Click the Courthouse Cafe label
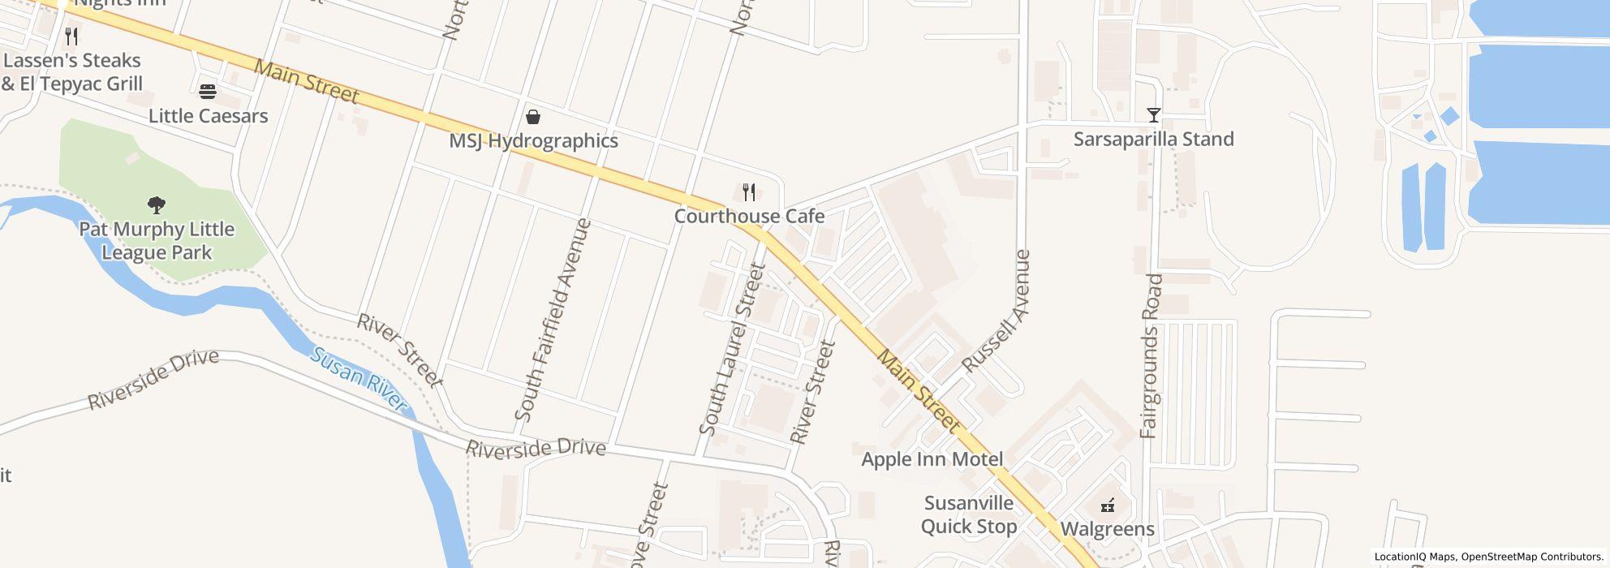point(749,216)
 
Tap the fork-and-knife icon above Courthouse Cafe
point(749,192)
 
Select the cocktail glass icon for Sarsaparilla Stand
point(1153,115)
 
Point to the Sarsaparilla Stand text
point(1153,140)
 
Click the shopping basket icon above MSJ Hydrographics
point(533,117)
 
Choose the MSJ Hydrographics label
point(533,141)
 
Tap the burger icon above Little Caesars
point(208,92)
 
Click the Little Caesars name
point(208,116)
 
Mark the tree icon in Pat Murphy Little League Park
point(157,204)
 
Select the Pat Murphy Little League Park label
point(157,241)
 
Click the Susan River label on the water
point(359,379)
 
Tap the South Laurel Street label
point(732,349)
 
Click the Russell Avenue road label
point(996,311)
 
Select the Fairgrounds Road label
point(1152,356)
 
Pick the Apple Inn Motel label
point(932,459)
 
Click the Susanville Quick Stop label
point(969,514)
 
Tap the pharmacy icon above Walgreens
point(1107,506)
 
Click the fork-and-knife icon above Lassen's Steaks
point(71,37)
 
